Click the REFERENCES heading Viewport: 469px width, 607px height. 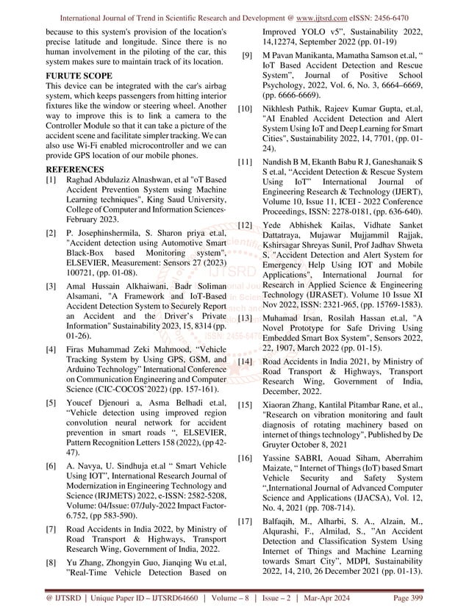click(x=74, y=168)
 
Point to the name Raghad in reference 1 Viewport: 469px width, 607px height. click(x=84, y=179)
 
